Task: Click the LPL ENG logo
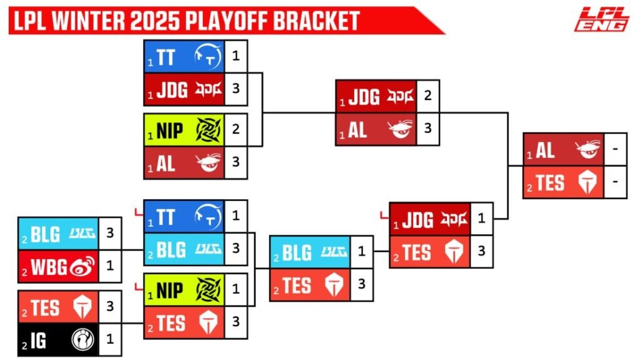click(602, 19)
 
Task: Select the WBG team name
click(49, 267)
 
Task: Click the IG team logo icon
click(83, 339)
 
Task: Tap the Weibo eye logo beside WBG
click(83, 266)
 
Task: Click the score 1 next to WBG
click(110, 266)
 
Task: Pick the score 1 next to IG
click(110, 339)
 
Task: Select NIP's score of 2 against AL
click(236, 129)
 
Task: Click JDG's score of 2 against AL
click(428, 95)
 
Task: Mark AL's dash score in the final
click(615, 149)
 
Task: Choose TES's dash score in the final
click(615, 182)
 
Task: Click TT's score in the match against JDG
click(236, 56)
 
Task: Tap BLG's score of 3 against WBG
click(110, 233)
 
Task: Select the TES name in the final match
click(550, 183)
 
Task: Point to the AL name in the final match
click(545, 150)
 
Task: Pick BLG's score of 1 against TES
click(361, 251)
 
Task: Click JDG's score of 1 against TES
click(481, 219)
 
